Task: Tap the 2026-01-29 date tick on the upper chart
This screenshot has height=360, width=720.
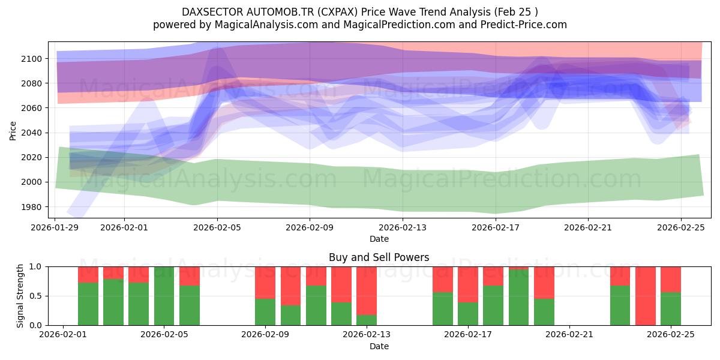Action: pyautogui.click(x=55, y=227)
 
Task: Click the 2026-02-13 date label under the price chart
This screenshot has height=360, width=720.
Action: pyautogui.click(x=403, y=227)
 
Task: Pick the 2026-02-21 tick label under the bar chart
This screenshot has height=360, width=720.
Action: pyautogui.click(x=569, y=335)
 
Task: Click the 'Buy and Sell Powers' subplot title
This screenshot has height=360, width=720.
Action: pyautogui.click(x=379, y=257)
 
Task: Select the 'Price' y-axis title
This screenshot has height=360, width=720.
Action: pyautogui.click(x=13, y=130)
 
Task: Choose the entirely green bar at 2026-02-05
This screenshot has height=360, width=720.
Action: pyautogui.click(x=164, y=296)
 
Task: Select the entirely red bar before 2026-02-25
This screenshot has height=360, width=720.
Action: pyautogui.click(x=645, y=296)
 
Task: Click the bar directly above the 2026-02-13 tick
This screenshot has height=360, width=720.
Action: pyautogui.click(x=366, y=296)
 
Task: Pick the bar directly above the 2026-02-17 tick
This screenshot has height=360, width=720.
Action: pyautogui.click(x=467, y=296)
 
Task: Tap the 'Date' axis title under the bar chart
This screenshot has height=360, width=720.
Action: pyautogui.click(x=379, y=346)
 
